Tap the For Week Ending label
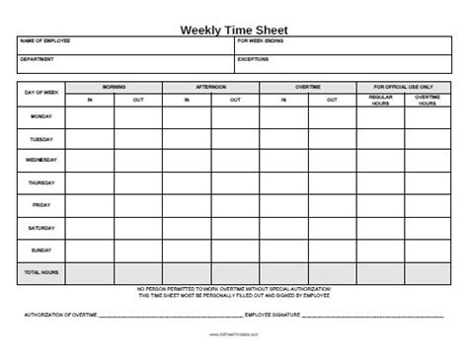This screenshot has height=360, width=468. pos(260,42)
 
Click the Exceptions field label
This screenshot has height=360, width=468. pos(254,60)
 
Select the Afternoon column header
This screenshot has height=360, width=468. pos(210,86)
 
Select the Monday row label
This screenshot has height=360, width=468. pos(41,117)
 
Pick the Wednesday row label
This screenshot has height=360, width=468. pos(41,160)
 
